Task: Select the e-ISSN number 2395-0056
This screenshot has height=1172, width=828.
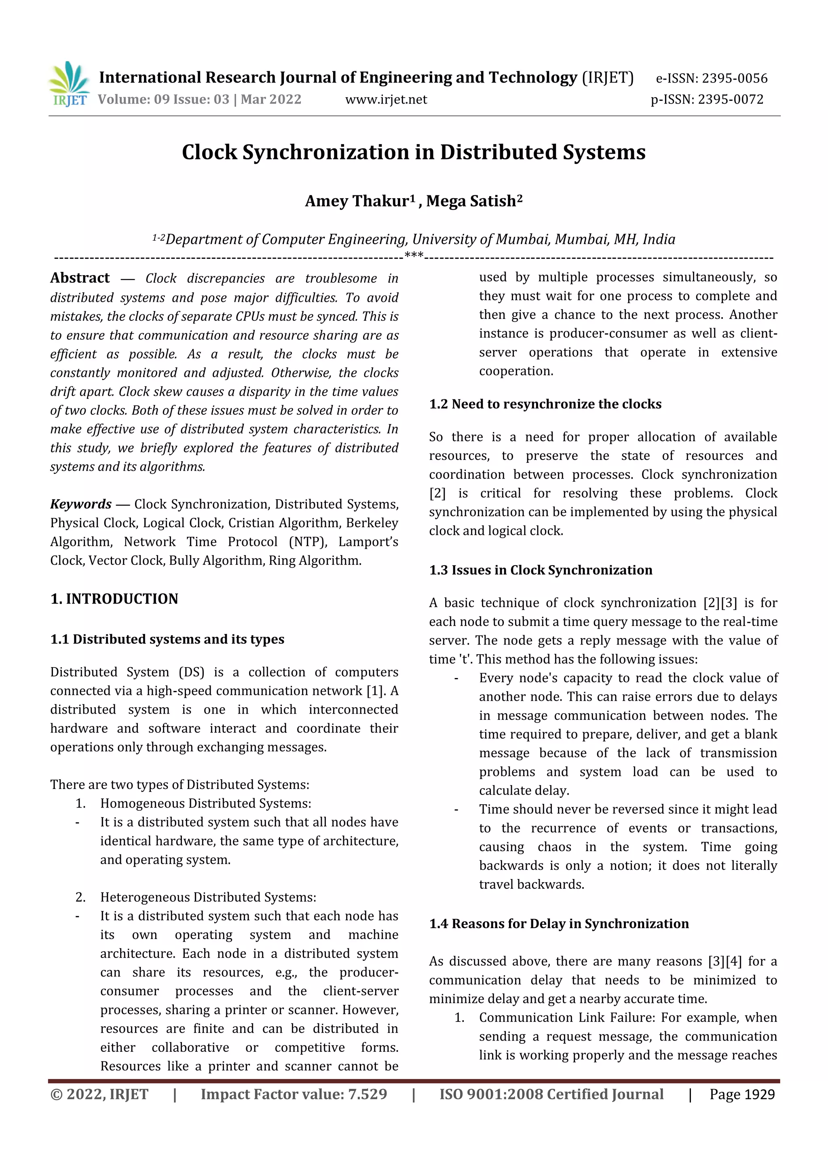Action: tap(734, 78)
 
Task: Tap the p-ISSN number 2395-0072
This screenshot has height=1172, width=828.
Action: tap(731, 100)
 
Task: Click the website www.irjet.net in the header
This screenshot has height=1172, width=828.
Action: tap(386, 100)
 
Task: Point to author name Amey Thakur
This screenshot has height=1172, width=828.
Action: tap(357, 201)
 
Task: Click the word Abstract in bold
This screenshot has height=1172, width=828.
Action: tap(80, 278)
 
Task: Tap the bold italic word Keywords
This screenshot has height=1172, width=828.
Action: tap(80, 504)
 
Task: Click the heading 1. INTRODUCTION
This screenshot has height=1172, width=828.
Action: tap(114, 599)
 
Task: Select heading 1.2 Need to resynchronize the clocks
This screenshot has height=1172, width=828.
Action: tap(545, 404)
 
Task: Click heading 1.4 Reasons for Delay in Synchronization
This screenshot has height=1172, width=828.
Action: tap(559, 924)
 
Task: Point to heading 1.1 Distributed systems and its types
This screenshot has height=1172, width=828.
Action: tap(167, 640)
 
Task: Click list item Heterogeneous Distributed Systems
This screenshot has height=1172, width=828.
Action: tap(208, 897)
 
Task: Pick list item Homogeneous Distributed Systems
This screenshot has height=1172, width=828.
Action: tap(205, 803)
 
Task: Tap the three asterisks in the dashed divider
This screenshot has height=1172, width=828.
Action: tap(414, 255)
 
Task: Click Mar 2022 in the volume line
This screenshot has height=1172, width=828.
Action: tap(271, 100)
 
